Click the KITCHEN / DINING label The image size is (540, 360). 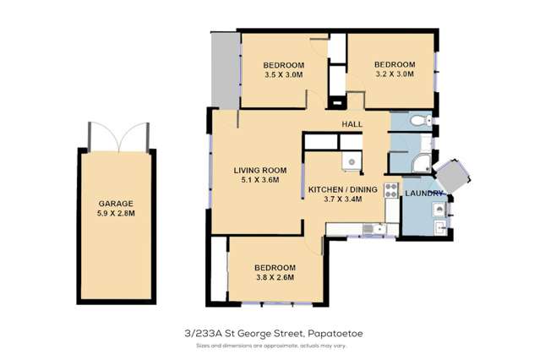point(341,189)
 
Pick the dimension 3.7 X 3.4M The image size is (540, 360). point(341,199)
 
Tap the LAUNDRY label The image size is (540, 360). point(424,194)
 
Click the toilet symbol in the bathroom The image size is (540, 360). point(416,123)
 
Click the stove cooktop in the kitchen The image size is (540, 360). point(391,190)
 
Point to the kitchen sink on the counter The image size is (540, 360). point(369,228)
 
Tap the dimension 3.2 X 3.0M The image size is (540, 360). point(395,74)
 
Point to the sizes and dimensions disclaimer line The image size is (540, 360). point(270,345)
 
